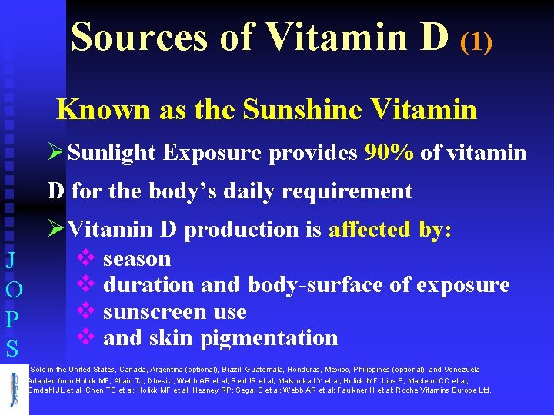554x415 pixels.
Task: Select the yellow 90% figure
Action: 389,153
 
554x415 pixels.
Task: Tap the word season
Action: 137,259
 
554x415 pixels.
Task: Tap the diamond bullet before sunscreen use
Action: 85,310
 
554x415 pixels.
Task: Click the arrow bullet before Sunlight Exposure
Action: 56,152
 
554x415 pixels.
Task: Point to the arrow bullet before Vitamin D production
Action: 56,228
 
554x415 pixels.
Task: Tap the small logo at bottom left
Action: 15,389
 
